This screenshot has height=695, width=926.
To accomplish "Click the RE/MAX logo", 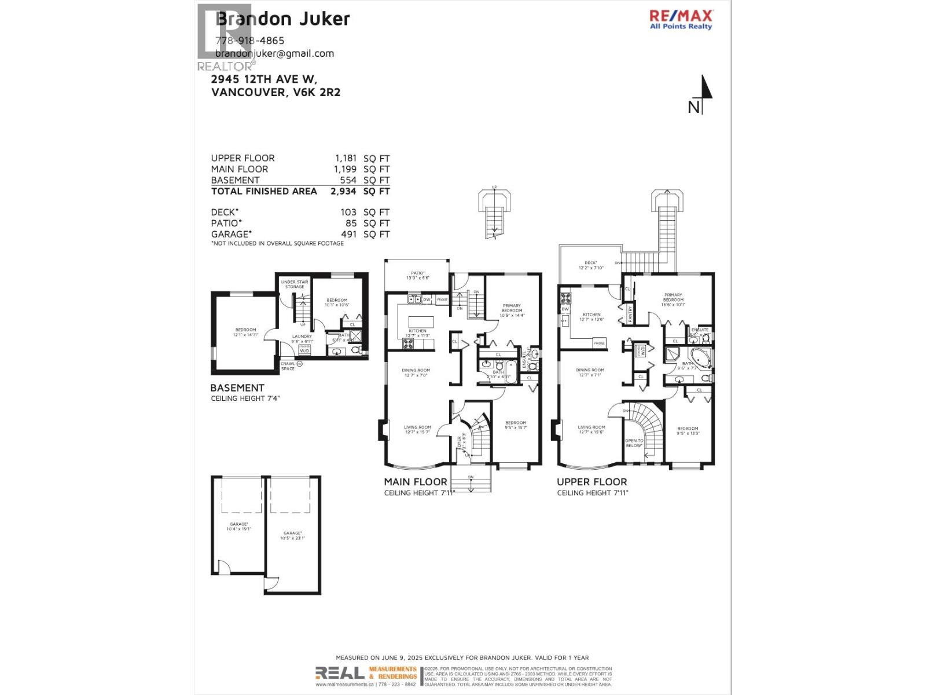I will tap(681, 19).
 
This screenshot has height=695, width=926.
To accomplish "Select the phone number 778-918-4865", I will tap(249, 41).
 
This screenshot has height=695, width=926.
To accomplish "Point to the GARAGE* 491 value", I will tap(348, 234).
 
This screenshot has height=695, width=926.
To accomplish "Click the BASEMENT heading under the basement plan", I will tap(237, 387).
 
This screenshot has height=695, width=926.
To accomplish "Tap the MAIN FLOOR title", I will tap(416, 481).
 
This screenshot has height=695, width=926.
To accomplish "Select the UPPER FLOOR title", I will tap(591, 481).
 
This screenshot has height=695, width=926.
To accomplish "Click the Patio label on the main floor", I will tap(417, 275).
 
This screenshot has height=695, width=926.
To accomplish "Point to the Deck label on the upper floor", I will tap(591, 265).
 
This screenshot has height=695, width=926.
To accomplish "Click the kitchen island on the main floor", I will tap(421, 321).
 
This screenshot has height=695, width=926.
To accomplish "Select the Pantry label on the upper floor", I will tap(630, 313).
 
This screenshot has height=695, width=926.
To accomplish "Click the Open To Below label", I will tap(634, 443).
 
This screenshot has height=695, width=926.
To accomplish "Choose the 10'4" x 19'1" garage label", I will tap(240, 526).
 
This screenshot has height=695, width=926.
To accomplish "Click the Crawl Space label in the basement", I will tap(288, 366).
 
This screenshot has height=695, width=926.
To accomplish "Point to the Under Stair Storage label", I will tap(295, 284).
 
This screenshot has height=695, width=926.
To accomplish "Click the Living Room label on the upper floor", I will tap(591, 429).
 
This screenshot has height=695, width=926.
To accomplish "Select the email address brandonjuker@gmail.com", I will tap(275, 53).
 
